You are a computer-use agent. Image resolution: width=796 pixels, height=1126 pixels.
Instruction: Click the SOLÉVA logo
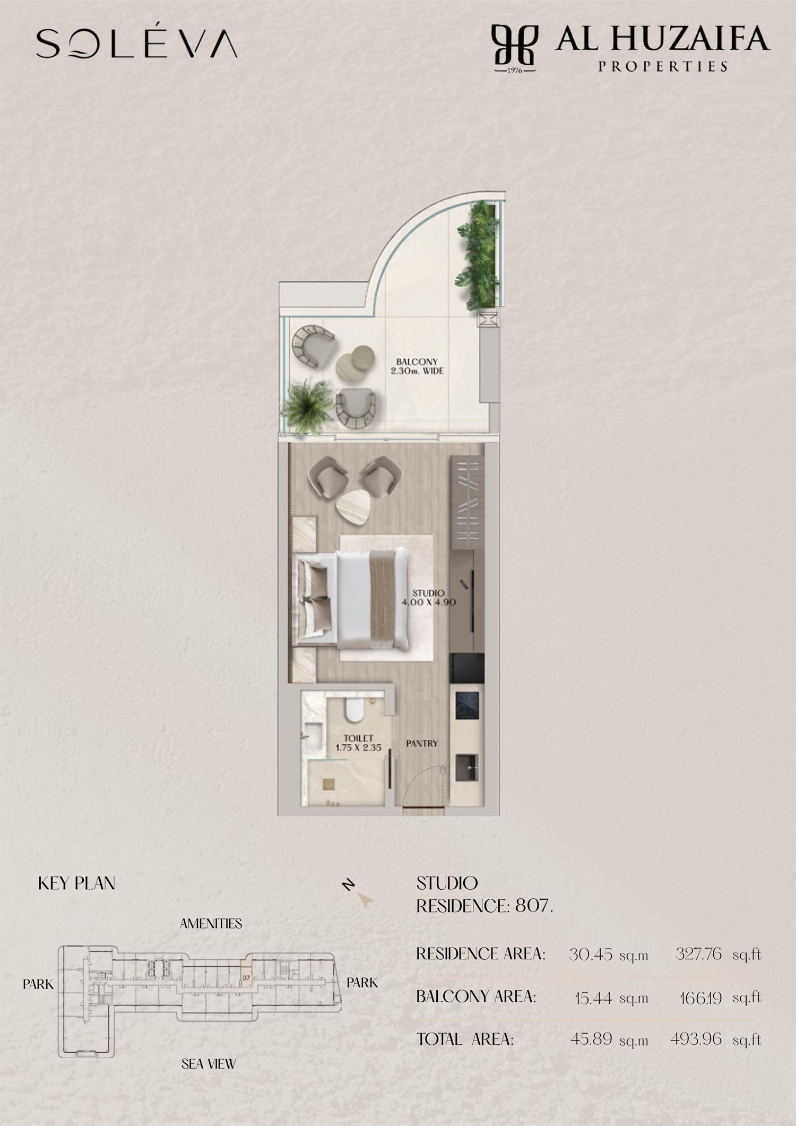(136, 43)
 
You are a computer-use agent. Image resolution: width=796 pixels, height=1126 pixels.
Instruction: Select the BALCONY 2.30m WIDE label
(417, 366)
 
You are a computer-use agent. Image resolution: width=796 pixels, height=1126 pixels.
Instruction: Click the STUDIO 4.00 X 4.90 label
(428, 597)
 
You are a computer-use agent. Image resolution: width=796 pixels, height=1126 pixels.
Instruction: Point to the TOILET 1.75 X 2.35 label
(358, 743)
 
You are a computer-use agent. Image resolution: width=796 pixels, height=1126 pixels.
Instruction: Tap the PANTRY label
(422, 743)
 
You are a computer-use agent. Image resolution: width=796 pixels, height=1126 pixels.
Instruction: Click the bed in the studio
(351, 599)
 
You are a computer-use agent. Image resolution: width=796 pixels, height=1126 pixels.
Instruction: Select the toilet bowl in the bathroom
(353, 709)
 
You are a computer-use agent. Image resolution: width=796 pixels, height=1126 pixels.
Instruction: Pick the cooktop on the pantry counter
(467, 705)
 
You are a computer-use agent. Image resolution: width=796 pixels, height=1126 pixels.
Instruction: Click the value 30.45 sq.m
(609, 955)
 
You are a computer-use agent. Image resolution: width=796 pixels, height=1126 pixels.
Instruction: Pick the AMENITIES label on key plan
(211, 924)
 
